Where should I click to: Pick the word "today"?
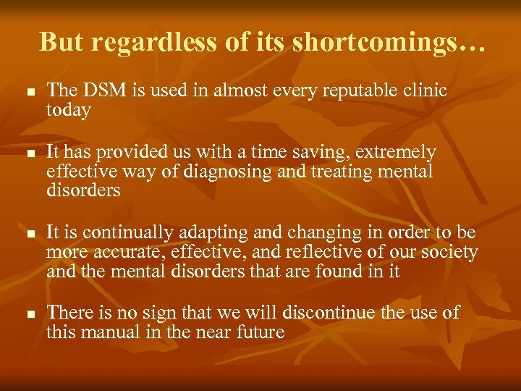[x=68, y=110]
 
